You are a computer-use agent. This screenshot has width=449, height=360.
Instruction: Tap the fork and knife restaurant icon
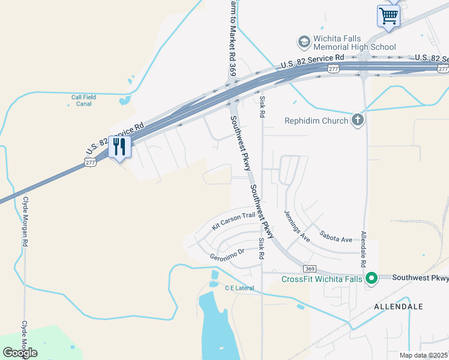[x=119, y=146]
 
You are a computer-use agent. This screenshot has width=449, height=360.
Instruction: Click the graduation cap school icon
[x=304, y=41]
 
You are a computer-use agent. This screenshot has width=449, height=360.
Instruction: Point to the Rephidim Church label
[x=316, y=121]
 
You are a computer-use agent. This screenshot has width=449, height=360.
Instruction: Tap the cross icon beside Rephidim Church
[x=358, y=120]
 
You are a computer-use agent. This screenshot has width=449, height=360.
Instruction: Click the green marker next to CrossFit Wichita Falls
[x=372, y=278]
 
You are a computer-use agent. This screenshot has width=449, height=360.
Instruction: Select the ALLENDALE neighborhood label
[x=399, y=306]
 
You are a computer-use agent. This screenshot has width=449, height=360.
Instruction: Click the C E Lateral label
[x=240, y=288]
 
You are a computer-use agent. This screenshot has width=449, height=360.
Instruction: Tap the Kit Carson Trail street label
[x=233, y=221]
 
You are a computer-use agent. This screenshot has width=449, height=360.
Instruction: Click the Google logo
[x=20, y=353]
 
